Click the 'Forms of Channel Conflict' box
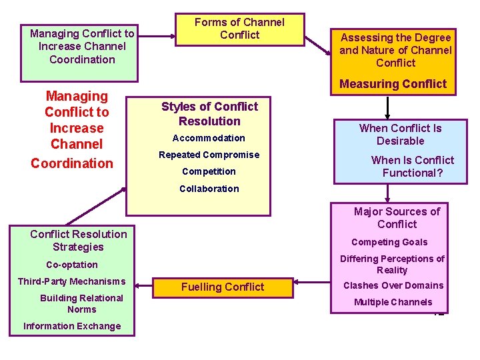point(239,29)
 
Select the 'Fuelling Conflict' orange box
point(223,287)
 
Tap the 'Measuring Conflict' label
point(393,84)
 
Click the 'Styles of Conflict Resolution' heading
point(209,114)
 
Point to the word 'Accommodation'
point(209,138)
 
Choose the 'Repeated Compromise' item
point(209,155)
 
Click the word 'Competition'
point(209,171)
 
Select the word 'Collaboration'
point(209,189)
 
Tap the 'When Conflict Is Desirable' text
point(400,134)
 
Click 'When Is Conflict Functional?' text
point(412,167)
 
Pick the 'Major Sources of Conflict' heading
point(397,218)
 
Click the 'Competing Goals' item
point(389,242)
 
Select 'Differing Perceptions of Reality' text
point(392,264)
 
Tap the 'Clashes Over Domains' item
point(393,285)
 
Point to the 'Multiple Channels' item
point(393,302)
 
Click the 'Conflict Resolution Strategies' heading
point(78,240)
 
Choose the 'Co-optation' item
point(71,265)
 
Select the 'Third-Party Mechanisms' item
point(71,281)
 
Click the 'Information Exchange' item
point(72,326)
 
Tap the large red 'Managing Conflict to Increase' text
point(76,120)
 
